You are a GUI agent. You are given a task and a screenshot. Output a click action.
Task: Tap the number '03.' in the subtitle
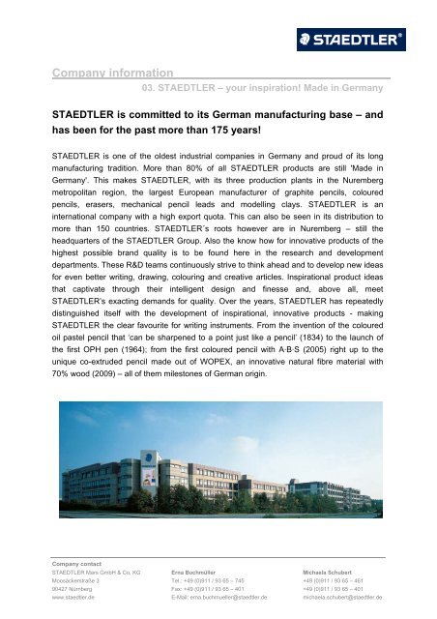(x=150, y=87)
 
